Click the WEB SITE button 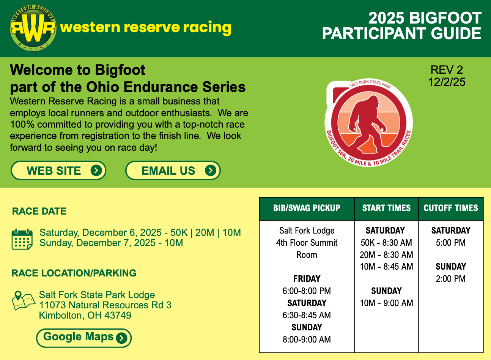point(58,171)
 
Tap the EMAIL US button point(173,171)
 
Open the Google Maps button point(84,338)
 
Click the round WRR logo point(33,28)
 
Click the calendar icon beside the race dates point(22,239)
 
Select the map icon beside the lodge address point(24,300)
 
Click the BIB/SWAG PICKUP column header point(307,208)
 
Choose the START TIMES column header point(386,208)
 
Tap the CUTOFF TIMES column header point(451,208)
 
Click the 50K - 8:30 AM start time point(386,243)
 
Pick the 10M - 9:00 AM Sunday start point(386,303)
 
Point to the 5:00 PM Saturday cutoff point(451,243)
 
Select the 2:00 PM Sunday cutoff point(451,279)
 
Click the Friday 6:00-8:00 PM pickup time point(307,291)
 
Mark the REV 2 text point(447,70)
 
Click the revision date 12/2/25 point(447,82)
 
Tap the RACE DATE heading point(39,211)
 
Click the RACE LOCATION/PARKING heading point(74,273)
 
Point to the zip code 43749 point(118,315)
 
